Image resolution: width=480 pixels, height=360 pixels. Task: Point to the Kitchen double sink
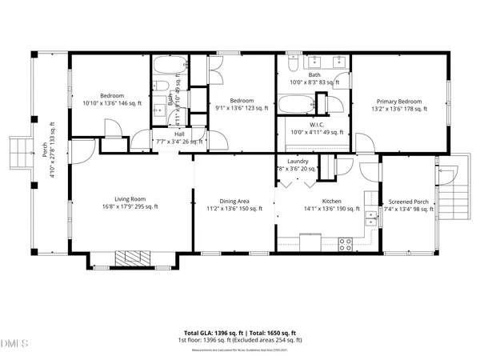coord(370,212)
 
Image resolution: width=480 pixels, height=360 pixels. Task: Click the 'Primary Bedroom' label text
coord(399,102)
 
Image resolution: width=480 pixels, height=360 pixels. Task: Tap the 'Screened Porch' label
coord(410,202)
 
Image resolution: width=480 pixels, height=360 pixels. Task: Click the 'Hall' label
coord(180,134)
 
